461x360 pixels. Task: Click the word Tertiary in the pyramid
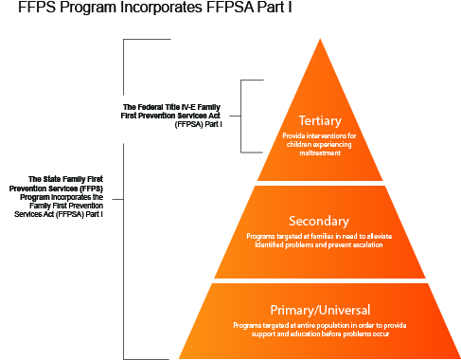(320, 121)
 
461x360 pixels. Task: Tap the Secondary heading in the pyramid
(320, 221)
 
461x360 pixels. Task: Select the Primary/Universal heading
(320, 310)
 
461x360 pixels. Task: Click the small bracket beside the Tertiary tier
(242, 116)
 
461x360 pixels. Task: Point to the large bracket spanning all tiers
(126, 199)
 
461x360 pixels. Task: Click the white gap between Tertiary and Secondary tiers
(320, 183)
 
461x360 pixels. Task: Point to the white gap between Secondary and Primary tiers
(320, 280)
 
